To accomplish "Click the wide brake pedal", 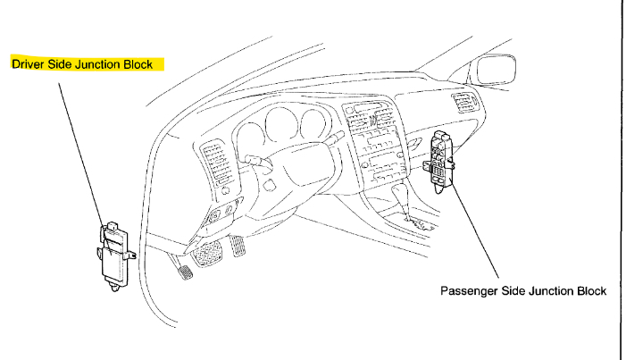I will (211, 253).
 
